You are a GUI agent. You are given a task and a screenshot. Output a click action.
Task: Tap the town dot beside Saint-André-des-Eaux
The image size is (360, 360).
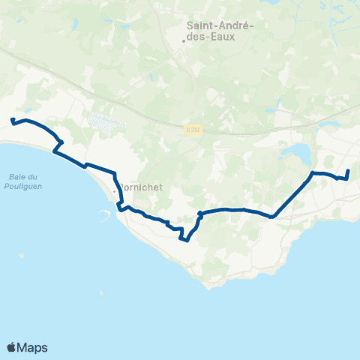pyautogui.click(x=184, y=40)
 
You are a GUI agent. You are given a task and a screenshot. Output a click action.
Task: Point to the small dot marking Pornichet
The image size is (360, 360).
pyautogui.click(x=114, y=192)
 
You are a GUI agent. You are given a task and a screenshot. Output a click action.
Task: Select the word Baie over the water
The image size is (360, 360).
pyautogui.click(x=19, y=176)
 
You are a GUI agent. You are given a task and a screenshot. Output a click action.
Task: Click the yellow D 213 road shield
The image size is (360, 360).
pyautogui.click(x=194, y=128)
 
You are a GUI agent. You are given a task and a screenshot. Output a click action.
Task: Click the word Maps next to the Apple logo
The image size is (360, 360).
pyautogui.click(x=32, y=347)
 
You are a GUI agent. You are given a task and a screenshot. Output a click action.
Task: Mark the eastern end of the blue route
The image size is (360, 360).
pyautogui.click(x=349, y=170)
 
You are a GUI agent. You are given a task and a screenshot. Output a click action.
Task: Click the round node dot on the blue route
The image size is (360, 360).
pyautogui.click(x=199, y=214)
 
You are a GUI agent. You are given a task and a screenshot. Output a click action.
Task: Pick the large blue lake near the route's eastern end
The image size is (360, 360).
pyautogui.click(x=298, y=154)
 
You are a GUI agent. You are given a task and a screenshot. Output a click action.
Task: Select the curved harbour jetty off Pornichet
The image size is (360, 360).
pyautogui.click(x=102, y=213)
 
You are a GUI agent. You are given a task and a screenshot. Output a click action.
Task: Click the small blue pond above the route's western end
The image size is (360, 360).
pyautogui.click(x=27, y=109)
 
